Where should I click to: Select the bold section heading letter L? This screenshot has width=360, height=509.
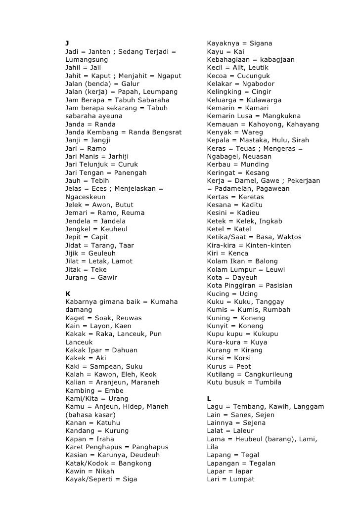pyautogui.click(x=209, y=398)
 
